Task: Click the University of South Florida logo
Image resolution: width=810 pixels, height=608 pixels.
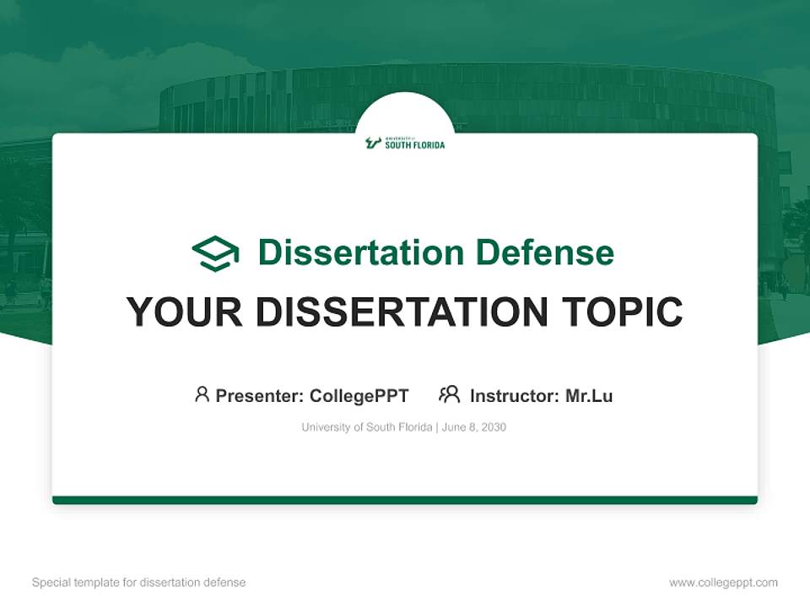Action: click(x=405, y=143)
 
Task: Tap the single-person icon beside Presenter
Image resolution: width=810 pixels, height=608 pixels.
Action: click(x=202, y=394)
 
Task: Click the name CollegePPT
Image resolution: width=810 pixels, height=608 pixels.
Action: click(x=359, y=395)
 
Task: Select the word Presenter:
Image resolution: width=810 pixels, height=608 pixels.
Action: click(x=260, y=395)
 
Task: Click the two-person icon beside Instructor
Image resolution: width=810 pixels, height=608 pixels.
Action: click(x=449, y=394)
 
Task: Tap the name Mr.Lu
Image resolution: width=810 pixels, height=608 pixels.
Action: click(x=589, y=395)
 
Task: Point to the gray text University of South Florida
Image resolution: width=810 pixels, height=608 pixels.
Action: click(x=366, y=427)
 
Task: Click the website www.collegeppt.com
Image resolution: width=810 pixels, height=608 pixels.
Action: click(x=723, y=583)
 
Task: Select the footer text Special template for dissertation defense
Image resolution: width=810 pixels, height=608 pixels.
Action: click(x=139, y=583)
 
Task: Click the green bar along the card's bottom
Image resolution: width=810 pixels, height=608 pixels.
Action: click(x=405, y=500)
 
